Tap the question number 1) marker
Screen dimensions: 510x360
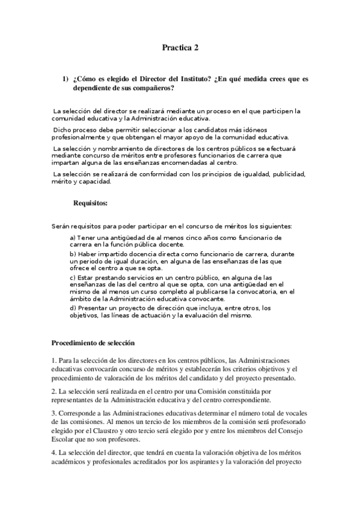tap(66, 80)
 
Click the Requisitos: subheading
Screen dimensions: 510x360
tap(90, 203)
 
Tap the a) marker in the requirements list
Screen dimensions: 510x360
tap(73, 239)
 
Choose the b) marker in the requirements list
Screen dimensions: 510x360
tap(73, 254)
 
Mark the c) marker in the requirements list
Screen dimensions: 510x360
tap(73, 277)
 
